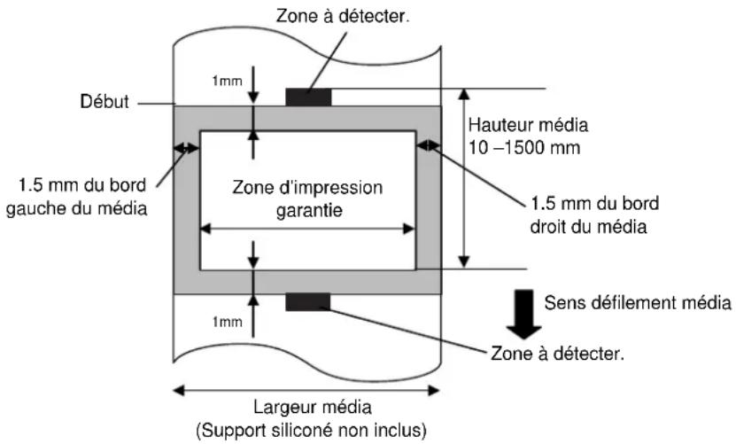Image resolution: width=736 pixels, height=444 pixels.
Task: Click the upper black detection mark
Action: [x=307, y=97]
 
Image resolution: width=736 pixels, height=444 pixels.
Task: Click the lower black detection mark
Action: [x=307, y=303]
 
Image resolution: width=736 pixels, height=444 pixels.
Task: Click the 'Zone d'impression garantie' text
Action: [x=307, y=199]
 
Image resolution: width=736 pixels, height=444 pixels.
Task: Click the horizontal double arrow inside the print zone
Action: [x=307, y=228]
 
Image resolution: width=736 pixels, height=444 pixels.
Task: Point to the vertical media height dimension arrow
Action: [x=462, y=177]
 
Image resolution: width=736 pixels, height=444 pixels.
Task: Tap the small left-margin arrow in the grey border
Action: [x=187, y=149]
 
